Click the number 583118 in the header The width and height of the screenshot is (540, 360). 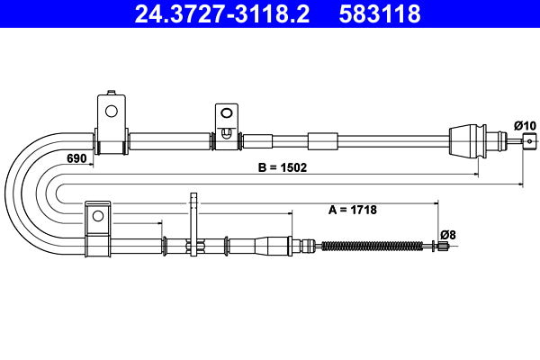pos(382,14)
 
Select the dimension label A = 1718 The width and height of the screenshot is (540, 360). pos(352,210)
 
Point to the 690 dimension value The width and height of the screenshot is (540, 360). pos(76,158)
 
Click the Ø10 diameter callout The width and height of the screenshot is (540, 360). pos(525,124)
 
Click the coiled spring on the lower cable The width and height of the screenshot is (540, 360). pos(372,245)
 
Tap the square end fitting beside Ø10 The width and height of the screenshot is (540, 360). pos(530,139)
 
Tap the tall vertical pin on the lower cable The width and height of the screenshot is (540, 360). pos(192,225)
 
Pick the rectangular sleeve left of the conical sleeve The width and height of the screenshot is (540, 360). pos(321,140)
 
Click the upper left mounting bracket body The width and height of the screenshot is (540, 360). pos(110,126)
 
